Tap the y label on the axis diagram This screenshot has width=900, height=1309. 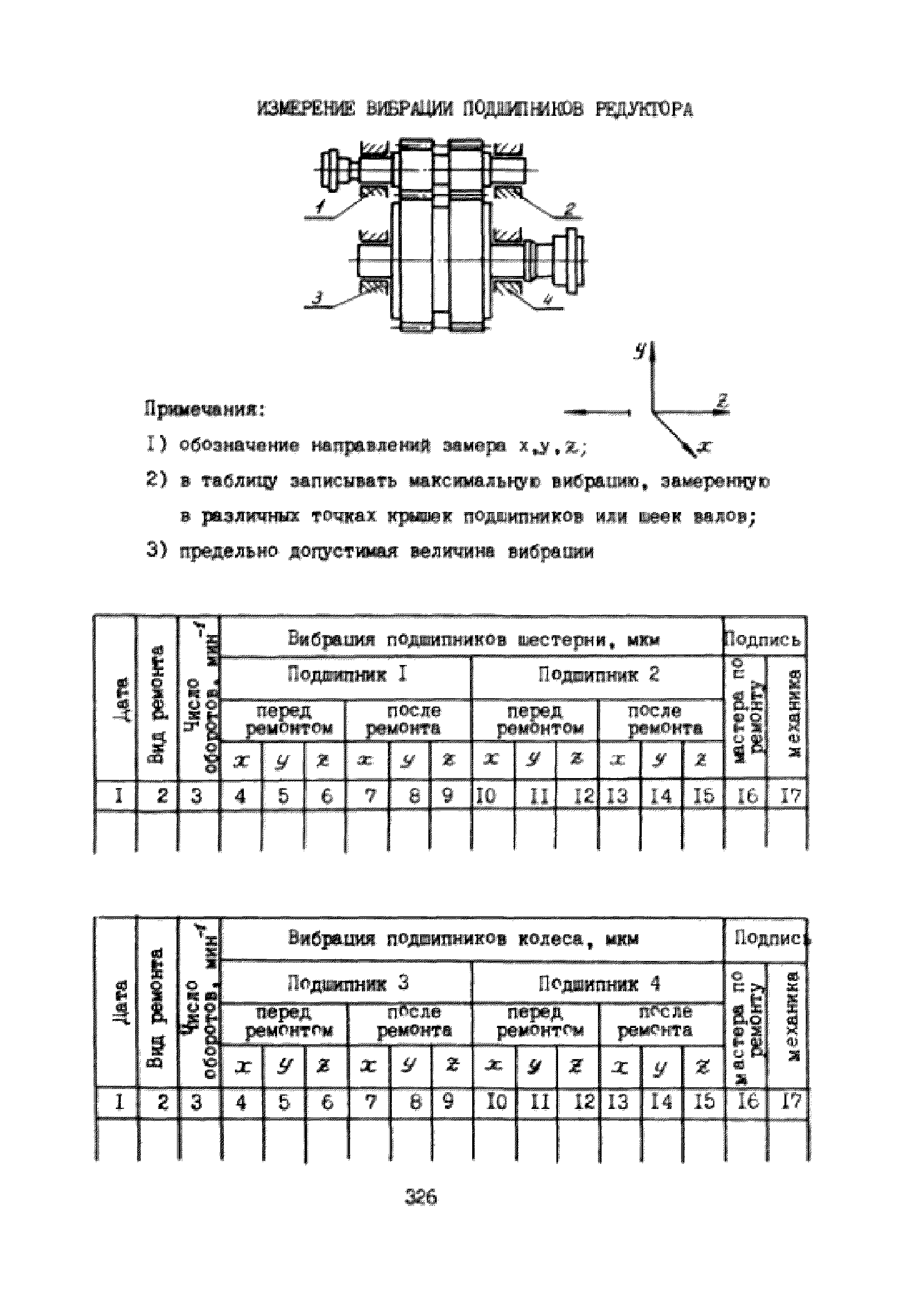pos(639,351)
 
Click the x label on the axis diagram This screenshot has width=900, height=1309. pos(703,447)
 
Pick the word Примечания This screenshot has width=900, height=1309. pos(204,408)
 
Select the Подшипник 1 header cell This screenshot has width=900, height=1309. pos(346,675)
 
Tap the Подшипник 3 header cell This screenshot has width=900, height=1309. pos(346,984)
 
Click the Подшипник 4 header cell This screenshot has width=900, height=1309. pos(598,984)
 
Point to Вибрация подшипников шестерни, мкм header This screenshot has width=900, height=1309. pos(473,640)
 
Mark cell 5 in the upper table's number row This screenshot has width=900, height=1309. pos(283,796)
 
